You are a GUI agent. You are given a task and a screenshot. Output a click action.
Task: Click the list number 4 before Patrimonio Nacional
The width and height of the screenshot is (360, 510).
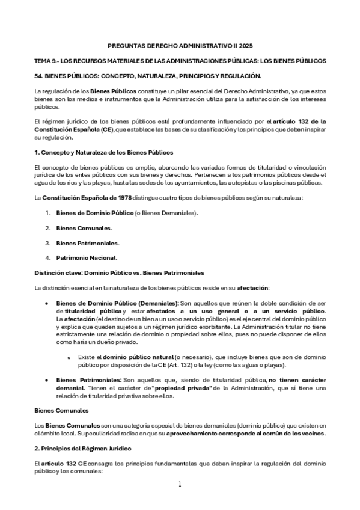(x=47, y=257)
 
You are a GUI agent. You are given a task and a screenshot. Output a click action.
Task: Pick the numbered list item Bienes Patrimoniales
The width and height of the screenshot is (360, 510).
(x=87, y=243)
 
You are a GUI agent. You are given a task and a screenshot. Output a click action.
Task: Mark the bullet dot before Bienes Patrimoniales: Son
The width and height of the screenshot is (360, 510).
(x=47, y=380)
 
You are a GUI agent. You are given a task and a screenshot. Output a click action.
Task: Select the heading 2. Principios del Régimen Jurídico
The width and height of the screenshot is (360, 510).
(x=87, y=449)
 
